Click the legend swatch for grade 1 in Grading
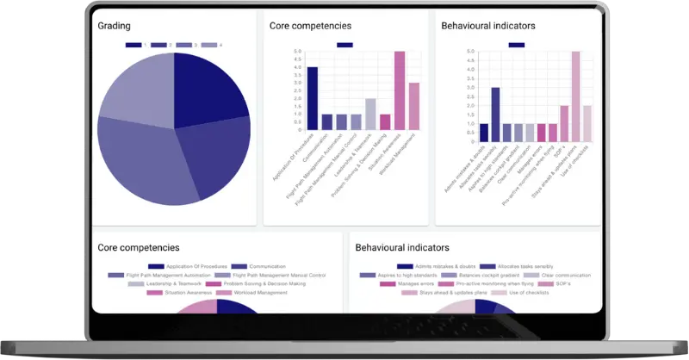pos(133,44)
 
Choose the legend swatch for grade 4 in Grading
pos(208,44)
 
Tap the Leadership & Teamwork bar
pos(370,114)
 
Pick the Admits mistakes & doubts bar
pos(483,132)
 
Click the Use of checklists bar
pos(587,123)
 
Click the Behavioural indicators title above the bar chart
pos(487,27)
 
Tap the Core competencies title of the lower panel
pos(139,247)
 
